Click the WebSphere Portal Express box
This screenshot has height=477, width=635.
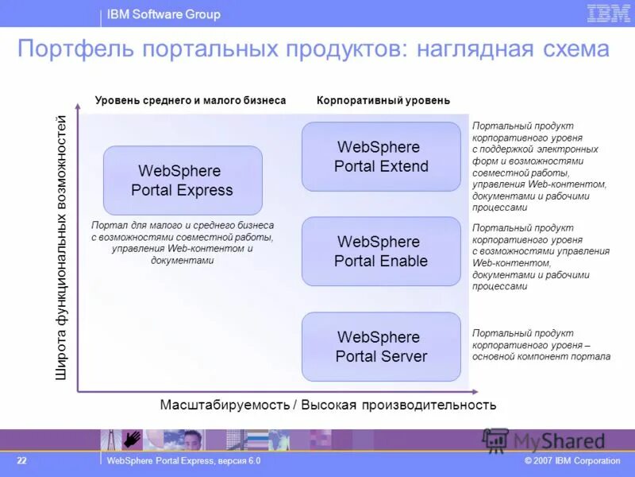[x=183, y=180]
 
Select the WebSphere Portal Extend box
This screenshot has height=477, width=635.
[x=381, y=157]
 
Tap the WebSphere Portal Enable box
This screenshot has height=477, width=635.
[x=381, y=251]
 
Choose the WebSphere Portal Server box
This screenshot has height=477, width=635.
[x=381, y=347]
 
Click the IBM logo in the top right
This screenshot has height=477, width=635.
[x=608, y=14]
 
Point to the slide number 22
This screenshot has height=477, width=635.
[x=22, y=461]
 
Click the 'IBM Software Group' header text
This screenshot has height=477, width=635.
[x=164, y=14]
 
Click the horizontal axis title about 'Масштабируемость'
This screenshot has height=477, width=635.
[x=328, y=405]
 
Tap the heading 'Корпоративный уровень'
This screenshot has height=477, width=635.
[x=383, y=101]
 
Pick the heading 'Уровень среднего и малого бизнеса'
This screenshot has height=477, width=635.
[x=190, y=101]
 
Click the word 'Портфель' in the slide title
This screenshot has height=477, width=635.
[x=76, y=50]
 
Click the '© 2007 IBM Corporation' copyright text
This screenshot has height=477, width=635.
[x=572, y=461]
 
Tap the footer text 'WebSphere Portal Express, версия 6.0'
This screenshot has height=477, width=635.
[x=183, y=461]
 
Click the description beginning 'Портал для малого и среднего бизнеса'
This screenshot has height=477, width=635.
[x=183, y=242]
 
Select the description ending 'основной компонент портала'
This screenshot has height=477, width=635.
[x=541, y=345]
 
